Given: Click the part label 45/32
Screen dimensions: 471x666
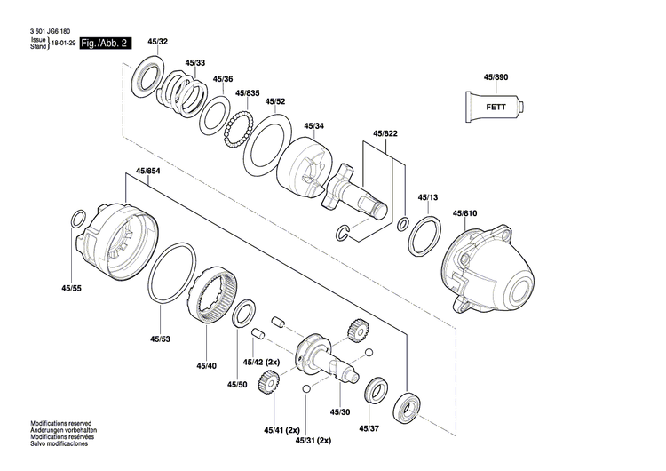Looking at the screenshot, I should point(158,42).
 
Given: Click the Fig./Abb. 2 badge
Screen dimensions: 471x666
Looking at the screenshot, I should point(105,44).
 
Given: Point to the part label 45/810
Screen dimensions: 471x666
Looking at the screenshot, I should point(465,213).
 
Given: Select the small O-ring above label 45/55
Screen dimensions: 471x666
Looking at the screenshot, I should point(79,219).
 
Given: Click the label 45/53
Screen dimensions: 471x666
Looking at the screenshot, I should point(160,339).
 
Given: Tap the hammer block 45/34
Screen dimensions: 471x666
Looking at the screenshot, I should point(306,168).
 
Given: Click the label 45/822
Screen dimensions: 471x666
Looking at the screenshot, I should point(385,133).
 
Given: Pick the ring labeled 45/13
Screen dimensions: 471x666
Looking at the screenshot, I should point(424,235).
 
